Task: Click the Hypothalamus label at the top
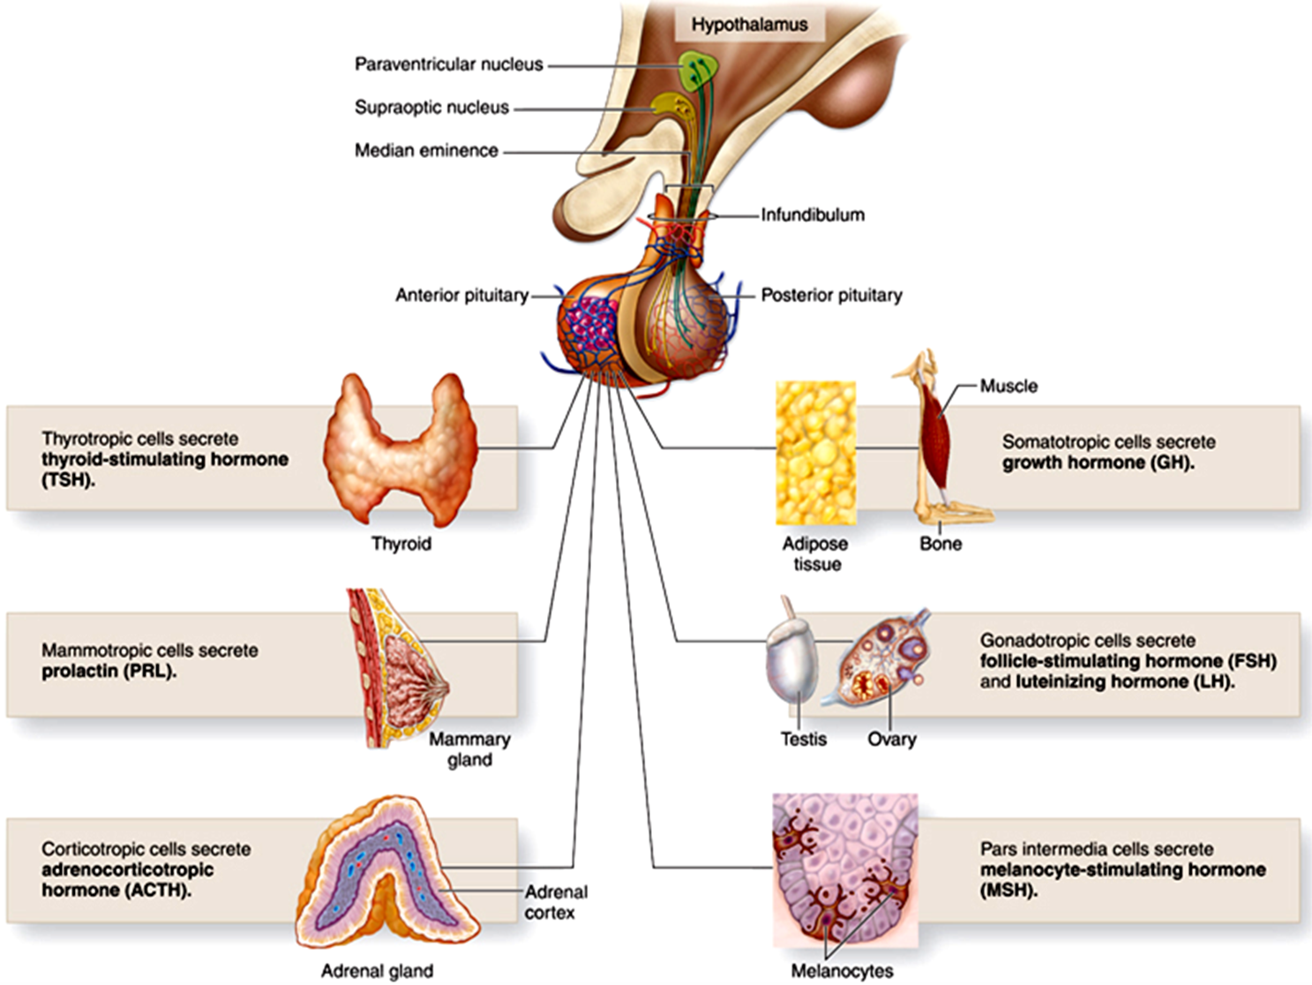(749, 25)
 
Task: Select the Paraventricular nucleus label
(448, 64)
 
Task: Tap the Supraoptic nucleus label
(431, 108)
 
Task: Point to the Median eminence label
(426, 151)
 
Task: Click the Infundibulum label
(813, 214)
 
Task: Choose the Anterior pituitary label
(461, 296)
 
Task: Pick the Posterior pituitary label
(831, 296)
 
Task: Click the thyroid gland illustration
(401, 450)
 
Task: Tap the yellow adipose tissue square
(815, 453)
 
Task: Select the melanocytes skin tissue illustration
(844, 869)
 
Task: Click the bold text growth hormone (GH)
(1098, 462)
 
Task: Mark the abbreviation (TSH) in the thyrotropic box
(68, 481)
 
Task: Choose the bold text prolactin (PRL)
(109, 672)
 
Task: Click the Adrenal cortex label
(555, 902)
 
